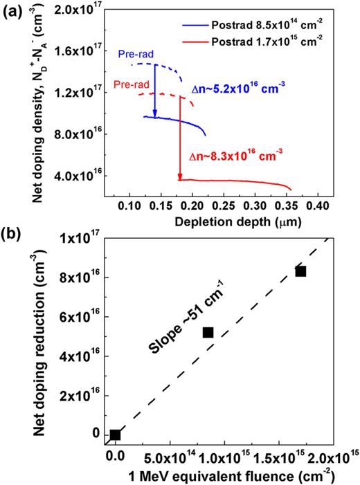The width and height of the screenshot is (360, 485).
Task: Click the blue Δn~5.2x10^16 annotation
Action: coord(239,89)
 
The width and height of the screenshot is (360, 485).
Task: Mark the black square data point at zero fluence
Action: coord(115,434)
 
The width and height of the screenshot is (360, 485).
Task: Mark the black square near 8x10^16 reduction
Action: coord(300,271)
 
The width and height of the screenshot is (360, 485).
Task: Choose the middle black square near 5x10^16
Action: coord(208,333)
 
